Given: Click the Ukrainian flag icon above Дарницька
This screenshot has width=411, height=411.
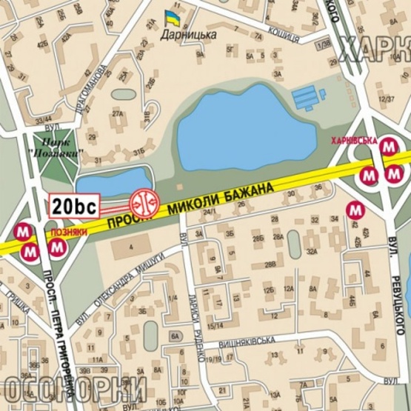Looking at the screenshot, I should coord(172,18).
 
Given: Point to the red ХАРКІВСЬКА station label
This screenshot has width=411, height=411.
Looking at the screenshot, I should coord(355,140).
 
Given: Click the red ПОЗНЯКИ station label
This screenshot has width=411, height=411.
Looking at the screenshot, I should coord(65,231).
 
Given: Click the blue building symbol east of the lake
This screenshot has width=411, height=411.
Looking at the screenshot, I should coord(309,96).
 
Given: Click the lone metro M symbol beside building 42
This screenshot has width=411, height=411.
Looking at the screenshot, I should coord(355,212).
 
